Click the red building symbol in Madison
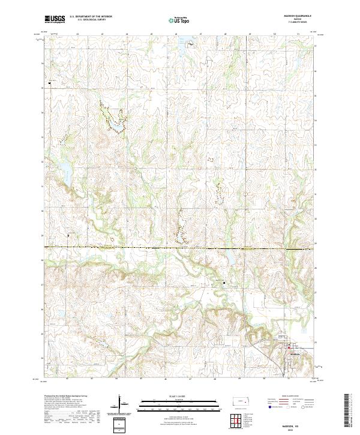tap(289, 346)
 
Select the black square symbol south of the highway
tap(224, 283)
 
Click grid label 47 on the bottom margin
tap(190, 379)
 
